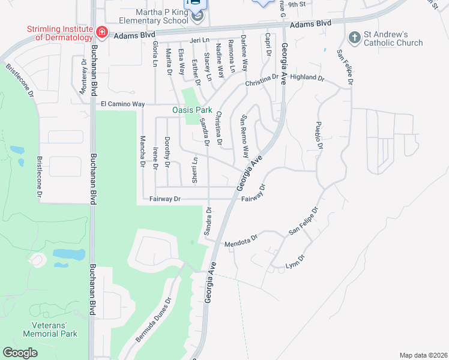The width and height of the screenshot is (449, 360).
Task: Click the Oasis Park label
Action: tap(192, 110)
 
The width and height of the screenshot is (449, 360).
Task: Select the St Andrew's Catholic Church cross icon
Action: tap(355, 37)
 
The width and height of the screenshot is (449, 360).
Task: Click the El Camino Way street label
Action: tap(122, 104)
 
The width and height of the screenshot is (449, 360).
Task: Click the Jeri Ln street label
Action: tap(198, 40)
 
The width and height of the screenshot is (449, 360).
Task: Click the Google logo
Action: tap(20, 352)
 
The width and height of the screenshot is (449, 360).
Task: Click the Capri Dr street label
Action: tap(268, 43)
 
